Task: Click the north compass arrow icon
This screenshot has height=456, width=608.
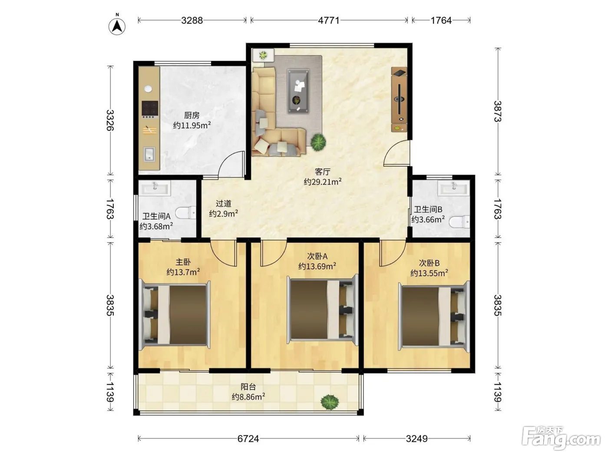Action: [x=117, y=26]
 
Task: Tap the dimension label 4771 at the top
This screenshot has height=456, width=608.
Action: [x=328, y=20]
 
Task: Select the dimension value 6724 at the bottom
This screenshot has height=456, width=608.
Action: [x=248, y=439]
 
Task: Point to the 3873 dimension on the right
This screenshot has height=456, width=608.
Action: [x=498, y=111]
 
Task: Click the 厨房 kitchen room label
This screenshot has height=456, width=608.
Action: [x=192, y=115]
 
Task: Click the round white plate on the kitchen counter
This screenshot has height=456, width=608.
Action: [x=148, y=89]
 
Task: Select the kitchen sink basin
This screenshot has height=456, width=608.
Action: [x=149, y=154]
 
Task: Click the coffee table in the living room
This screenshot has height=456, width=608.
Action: [x=298, y=91]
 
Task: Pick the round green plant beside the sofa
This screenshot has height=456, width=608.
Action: [x=318, y=142]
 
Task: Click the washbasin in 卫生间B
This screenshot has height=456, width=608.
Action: [x=454, y=189]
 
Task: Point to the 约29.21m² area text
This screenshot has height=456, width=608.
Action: [x=322, y=182]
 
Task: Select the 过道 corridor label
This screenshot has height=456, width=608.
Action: [x=223, y=204]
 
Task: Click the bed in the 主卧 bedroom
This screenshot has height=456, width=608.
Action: [x=175, y=315]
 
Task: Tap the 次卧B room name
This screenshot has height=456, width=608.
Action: [x=429, y=263]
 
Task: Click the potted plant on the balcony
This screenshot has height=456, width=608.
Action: [x=330, y=402]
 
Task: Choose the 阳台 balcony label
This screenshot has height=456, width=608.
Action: [x=248, y=387]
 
